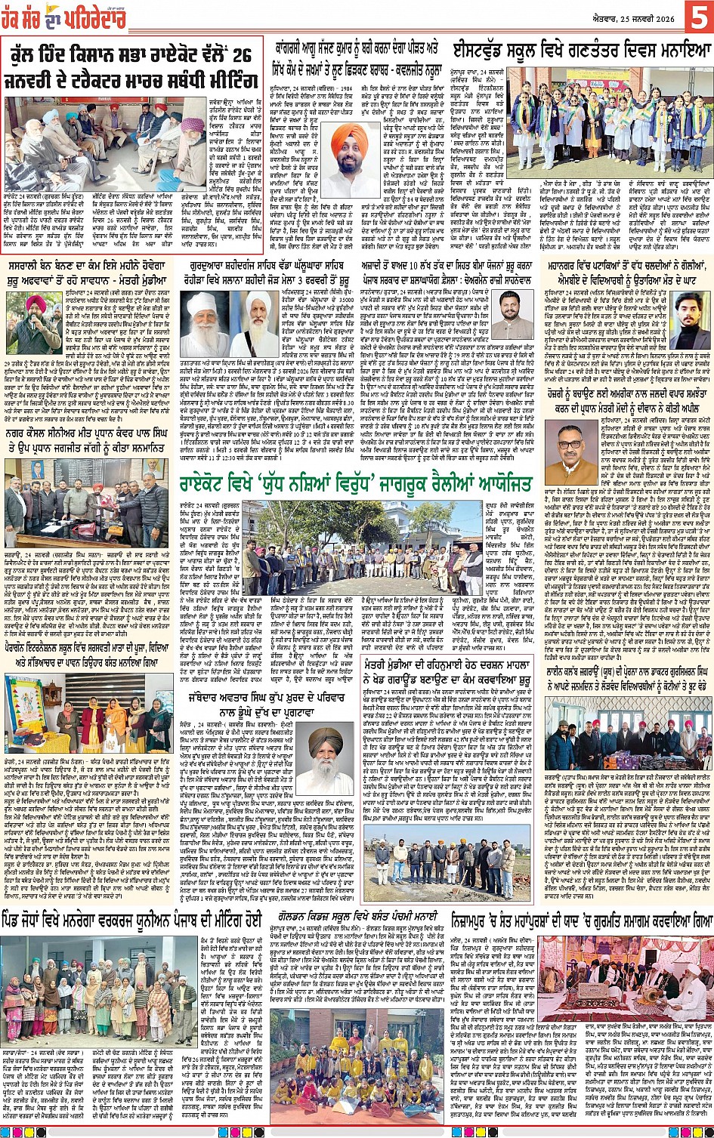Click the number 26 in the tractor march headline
[x=240, y=56]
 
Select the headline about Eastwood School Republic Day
[x=581, y=52]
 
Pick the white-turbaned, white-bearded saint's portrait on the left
[x=207, y=323]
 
